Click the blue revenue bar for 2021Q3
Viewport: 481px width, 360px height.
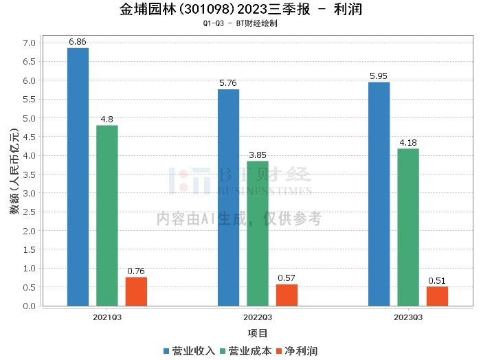click(78, 177)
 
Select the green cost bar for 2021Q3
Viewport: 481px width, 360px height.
click(107, 215)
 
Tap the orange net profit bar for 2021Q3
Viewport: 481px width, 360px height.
click(136, 291)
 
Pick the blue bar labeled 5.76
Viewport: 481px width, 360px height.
click(228, 197)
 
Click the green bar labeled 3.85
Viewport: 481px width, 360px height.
click(258, 233)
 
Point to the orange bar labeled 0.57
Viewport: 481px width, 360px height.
click(287, 295)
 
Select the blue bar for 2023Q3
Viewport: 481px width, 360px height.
click(379, 194)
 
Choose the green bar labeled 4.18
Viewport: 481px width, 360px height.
click(408, 227)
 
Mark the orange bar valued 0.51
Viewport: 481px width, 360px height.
click(437, 296)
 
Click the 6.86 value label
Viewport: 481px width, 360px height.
click(78, 42)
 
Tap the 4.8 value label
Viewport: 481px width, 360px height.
click(107, 120)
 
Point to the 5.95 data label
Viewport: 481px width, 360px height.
click(379, 76)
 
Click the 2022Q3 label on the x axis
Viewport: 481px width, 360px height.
click(258, 317)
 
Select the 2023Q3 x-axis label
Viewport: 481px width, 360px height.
click(408, 317)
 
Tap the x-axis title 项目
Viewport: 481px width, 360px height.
click(258, 333)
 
